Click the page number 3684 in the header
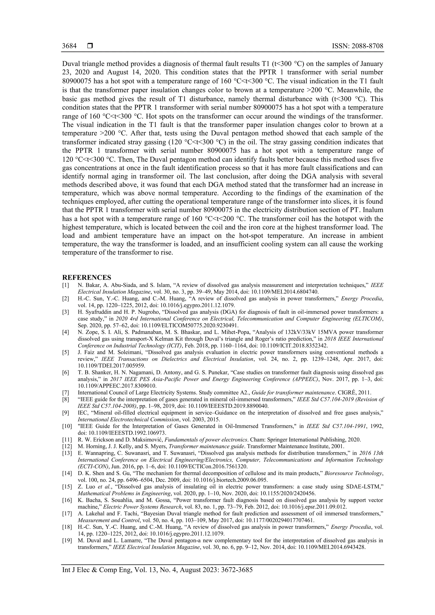(x=69, y=46)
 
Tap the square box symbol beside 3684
(x=90, y=46)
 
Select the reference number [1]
(x=66, y=285)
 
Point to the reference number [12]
(x=67, y=446)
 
